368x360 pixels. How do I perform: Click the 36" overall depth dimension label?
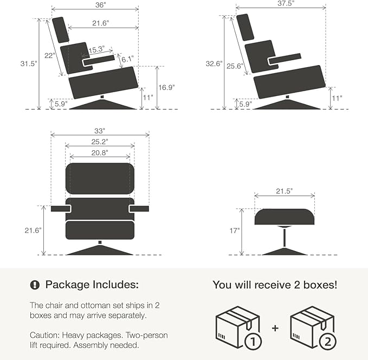click(95, 4)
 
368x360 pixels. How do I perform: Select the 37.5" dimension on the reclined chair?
click(281, 4)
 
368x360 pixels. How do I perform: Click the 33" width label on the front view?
click(99, 131)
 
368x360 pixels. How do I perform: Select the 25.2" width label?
click(99, 142)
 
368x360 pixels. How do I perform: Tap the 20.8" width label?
click(99, 153)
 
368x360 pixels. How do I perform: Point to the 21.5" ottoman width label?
click(284, 191)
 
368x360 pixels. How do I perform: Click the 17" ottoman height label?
click(234, 230)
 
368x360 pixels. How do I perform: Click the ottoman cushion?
click(285, 217)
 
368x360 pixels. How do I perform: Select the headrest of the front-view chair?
click(99, 177)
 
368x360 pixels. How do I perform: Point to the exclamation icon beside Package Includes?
click(35, 285)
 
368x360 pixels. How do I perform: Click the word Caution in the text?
click(42, 333)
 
